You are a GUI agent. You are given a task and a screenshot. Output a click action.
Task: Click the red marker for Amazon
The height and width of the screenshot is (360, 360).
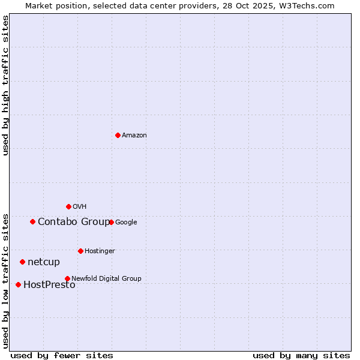pyautogui.click(x=118, y=135)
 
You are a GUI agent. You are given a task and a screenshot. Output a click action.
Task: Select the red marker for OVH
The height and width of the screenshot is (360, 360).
pyautogui.click(x=68, y=206)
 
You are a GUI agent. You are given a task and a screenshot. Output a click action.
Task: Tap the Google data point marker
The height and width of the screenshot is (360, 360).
pyautogui.click(x=111, y=222)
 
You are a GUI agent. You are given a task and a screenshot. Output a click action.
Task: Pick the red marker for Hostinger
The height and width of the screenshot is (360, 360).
pyautogui.click(x=80, y=251)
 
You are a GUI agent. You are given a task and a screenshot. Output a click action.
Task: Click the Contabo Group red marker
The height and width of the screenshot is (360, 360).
pyautogui.click(x=32, y=221)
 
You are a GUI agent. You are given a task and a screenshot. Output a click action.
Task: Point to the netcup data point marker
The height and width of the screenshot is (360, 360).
pyautogui.click(x=22, y=262)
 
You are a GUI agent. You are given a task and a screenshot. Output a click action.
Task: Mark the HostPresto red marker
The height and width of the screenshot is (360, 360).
pyautogui.click(x=18, y=284)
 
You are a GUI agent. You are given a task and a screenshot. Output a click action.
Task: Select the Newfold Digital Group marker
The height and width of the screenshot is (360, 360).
pyautogui.click(x=67, y=278)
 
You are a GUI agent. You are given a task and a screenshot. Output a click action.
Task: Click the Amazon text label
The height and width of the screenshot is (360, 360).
pyautogui.click(x=134, y=136)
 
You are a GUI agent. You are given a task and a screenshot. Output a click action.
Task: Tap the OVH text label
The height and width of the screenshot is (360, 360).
pyautogui.click(x=80, y=207)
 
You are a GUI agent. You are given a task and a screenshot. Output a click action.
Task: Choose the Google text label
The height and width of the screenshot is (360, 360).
pyautogui.click(x=126, y=223)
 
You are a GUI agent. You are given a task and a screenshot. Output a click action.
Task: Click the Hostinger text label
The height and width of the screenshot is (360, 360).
pyautogui.click(x=100, y=251)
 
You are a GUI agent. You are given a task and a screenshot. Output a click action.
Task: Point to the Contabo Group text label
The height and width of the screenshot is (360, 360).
pyautogui.click(x=74, y=222)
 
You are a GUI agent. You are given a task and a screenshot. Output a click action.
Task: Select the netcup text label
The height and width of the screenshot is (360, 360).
pyautogui.click(x=44, y=262)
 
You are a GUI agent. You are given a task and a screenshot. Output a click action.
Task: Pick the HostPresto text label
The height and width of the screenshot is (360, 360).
pyautogui.click(x=49, y=285)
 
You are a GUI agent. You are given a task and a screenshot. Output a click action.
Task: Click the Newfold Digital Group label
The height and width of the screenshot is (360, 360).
pyautogui.click(x=106, y=278)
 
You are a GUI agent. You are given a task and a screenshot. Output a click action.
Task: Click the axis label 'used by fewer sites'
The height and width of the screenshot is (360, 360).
pyautogui.click(x=62, y=355)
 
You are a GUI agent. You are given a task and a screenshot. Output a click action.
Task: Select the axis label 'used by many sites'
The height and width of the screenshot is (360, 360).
pyautogui.click(x=301, y=355)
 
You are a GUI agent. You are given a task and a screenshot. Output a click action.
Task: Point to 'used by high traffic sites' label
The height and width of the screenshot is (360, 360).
pyautogui.click(x=5, y=85)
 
